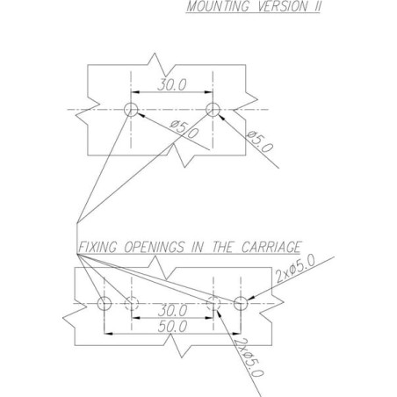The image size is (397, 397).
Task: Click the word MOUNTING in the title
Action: [x=218, y=6]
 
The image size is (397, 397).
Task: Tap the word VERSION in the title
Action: [x=283, y=6]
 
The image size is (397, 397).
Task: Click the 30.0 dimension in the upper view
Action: [x=172, y=85]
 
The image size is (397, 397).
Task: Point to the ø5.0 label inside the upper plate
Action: [x=184, y=129]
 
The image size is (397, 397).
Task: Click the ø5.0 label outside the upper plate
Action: [x=260, y=141]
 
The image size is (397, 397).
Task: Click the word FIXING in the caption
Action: [x=98, y=247]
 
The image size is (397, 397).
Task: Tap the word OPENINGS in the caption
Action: [x=155, y=247]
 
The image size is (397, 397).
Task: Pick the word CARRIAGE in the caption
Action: [x=271, y=247]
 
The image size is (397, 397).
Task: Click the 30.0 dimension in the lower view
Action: [x=172, y=310]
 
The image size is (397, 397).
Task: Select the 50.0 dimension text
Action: [x=172, y=327]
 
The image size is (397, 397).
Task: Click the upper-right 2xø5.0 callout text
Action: [x=296, y=268]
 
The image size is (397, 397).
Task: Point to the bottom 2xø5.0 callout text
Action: [x=249, y=357]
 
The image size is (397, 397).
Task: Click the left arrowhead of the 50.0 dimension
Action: [x=108, y=333]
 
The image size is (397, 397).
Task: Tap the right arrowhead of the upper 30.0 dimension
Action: [x=209, y=92]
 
